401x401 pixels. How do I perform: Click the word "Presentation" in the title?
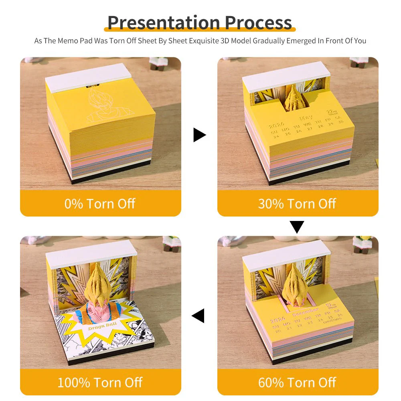164,22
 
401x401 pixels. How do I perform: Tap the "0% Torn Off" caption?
100,204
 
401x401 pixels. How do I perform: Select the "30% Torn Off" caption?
297,204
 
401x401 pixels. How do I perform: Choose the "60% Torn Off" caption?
297,382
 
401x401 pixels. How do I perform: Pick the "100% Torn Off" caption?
100,382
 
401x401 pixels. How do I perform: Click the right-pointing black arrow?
199,135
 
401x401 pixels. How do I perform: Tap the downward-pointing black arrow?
297,227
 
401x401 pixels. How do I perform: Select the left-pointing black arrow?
198,316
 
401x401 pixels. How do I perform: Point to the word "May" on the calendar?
306,119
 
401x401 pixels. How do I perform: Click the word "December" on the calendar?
306,310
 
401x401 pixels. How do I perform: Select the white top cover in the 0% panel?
88,77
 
